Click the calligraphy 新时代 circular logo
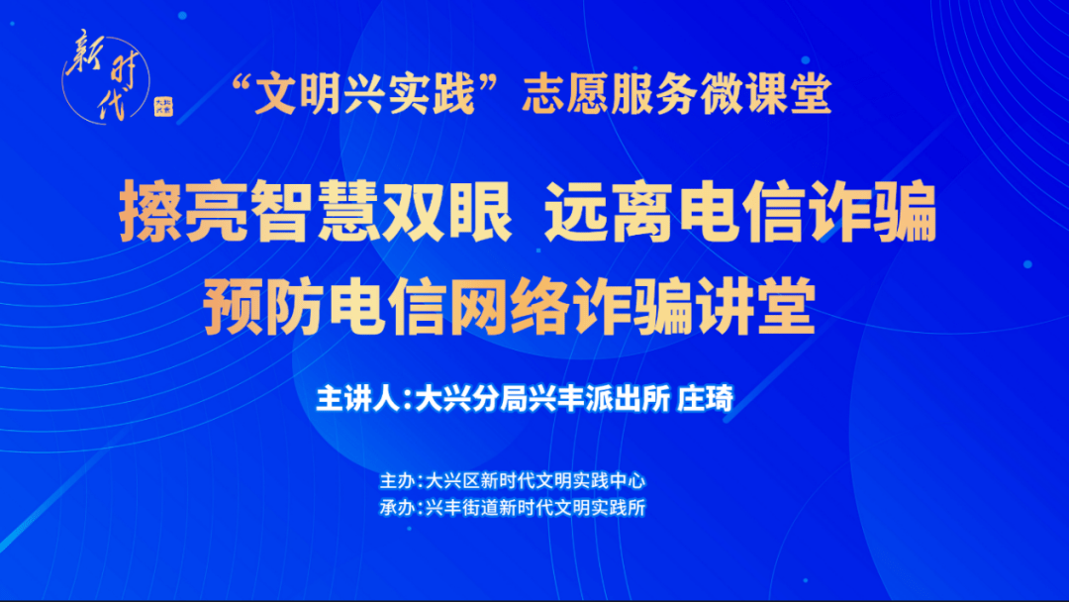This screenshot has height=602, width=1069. (106, 77)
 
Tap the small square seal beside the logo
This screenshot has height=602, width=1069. (163, 106)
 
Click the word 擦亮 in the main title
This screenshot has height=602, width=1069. (184, 212)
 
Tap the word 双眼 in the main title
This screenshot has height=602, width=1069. (445, 212)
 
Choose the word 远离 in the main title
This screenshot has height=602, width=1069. (610, 212)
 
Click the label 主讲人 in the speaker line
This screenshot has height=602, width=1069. (357, 399)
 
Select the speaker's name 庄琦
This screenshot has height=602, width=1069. (706, 399)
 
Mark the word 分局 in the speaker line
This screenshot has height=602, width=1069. (500, 399)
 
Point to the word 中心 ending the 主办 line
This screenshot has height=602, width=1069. (628, 481)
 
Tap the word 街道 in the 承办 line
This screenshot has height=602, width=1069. (479, 508)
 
